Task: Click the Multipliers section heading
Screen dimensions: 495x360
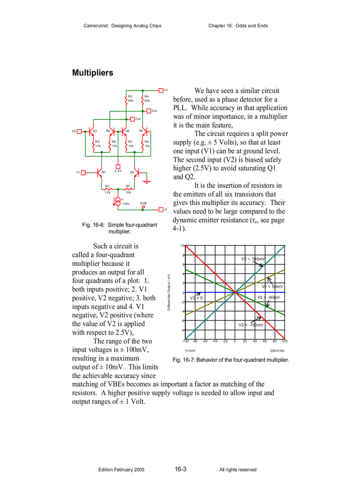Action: tap(93, 73)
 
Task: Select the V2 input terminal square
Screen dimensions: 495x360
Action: tap(79, 131)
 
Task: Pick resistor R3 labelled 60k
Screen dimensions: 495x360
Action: tap(126, 99)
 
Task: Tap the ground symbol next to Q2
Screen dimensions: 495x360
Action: tap(149, 180)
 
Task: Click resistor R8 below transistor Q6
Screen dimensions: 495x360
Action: tap(144, 144)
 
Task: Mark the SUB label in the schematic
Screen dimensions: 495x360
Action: tap(143, 203)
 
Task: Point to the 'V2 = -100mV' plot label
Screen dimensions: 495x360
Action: tap(251, 325)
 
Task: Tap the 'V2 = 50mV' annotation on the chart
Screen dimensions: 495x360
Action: tap(272, 287)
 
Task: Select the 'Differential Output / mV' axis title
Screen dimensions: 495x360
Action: tap(169, 292)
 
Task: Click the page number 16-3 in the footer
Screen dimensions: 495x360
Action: tap(180, 469)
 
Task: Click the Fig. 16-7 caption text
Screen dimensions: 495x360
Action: tap(231, 360)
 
